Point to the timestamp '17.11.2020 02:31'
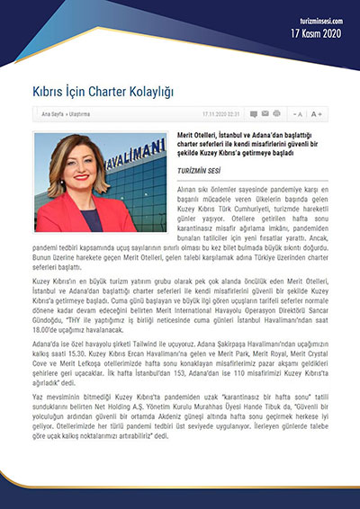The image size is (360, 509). (221, 114)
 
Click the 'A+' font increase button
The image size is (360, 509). (316, 114)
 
